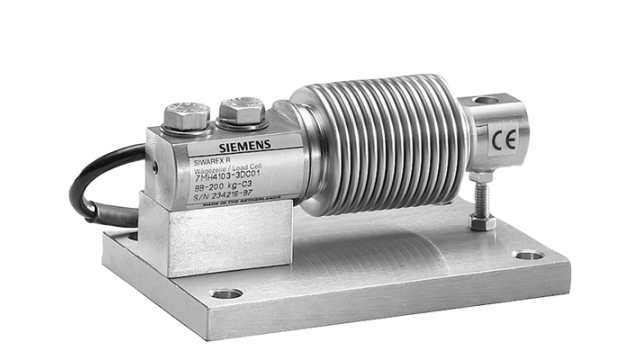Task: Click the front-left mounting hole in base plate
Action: click(227, 294)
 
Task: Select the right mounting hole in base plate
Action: click(529, 255)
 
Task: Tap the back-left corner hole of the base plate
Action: click(130, 234)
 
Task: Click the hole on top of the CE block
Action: click(486, 100)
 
